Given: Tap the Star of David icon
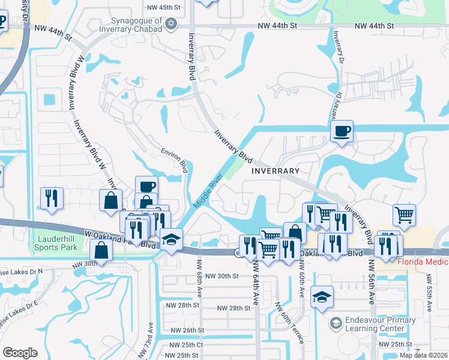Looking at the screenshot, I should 171,23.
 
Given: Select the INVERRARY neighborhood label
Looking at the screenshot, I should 275,171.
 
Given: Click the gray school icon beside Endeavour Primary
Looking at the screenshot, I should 336,325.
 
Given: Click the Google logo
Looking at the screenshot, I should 20,353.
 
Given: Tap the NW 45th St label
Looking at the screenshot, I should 164,7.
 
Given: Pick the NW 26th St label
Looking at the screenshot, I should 187,330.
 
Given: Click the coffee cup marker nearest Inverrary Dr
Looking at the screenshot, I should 342,131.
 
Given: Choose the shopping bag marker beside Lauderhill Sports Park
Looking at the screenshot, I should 101,251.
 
